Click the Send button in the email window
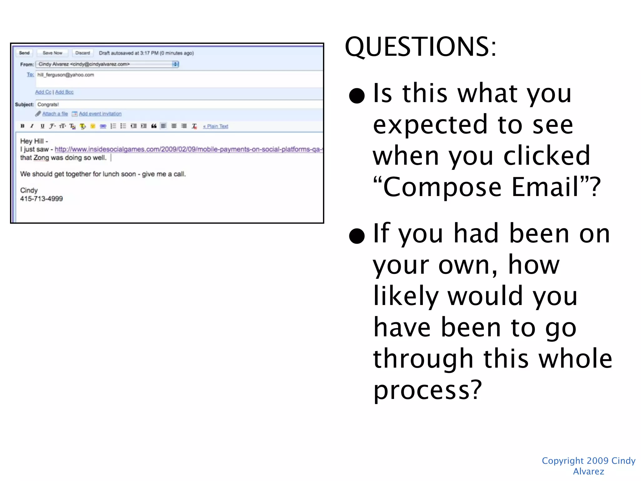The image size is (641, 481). [24, 53]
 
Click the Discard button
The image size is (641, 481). [82, 53]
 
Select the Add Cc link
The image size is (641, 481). [43, 92]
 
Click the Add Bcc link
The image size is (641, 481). [64, 92]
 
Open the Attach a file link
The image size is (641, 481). [55, 114]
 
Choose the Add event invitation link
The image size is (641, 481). [100, 114]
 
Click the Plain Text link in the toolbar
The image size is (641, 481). [216, 126]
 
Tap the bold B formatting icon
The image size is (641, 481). [23, 126]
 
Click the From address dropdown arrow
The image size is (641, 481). [175, 64]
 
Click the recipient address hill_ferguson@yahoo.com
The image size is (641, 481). [66, 75]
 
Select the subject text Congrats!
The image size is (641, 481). [48, 104]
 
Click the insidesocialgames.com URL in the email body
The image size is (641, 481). [188, 149]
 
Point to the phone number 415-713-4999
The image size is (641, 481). [41, 199]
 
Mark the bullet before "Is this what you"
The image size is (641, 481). [357, 96]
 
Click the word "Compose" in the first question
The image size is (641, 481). [442, 187]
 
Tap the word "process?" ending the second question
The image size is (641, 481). [427, 390]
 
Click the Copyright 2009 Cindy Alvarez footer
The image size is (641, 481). [588, 466]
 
